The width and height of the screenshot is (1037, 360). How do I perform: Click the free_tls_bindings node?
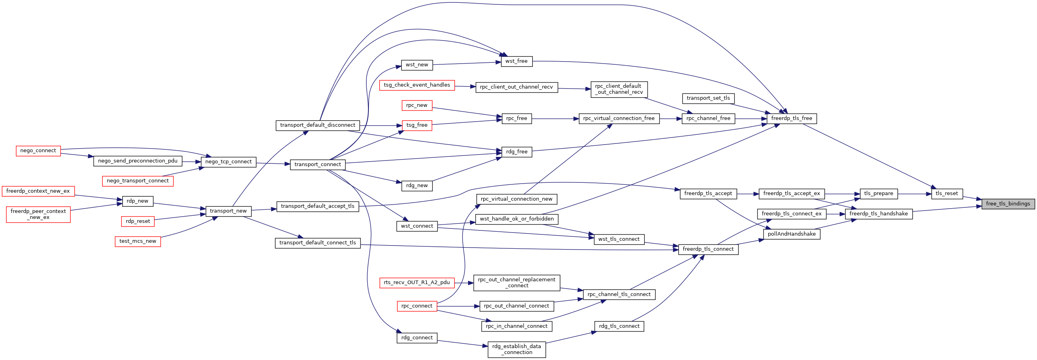(x=1008, y=204)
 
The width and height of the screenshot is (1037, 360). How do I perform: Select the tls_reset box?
(x=947, y=194)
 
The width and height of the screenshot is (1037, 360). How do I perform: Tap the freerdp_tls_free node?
(x=791, y=118)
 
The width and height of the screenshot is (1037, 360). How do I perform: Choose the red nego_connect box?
(x=38, y=151)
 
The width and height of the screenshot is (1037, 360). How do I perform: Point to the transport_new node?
(x=228, y=211)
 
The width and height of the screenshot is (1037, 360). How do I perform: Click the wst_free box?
(x=517, y=61)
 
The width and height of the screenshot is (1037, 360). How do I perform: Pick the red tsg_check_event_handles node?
(x=416, y=85)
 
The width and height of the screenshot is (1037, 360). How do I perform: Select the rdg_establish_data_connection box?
(x=517, y=349)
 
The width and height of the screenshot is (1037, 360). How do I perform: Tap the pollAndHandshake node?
(x=791, y=234)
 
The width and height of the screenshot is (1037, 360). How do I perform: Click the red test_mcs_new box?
(x=138, y=241)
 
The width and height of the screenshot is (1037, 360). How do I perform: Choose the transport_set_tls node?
(x=708, y=98)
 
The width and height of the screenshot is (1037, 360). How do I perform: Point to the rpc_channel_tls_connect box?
(x=619, y=294)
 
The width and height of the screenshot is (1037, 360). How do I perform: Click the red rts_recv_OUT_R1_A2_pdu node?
(x=416, y=283)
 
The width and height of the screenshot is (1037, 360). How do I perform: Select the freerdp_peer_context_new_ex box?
(x=38, y=214)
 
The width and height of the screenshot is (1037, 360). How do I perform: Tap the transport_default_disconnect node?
(x=318, y=125)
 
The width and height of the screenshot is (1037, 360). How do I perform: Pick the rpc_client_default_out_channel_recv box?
(x=619, y=89)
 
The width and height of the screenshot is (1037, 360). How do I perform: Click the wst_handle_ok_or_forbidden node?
(x=517, y=219)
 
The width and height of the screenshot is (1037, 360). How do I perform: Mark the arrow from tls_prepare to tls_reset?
(x=915, y=194)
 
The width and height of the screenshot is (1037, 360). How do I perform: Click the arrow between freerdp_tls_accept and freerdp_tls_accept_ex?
(x=748, y=194)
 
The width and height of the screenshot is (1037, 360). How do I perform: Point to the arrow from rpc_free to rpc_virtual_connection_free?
(x=555, y=119)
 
